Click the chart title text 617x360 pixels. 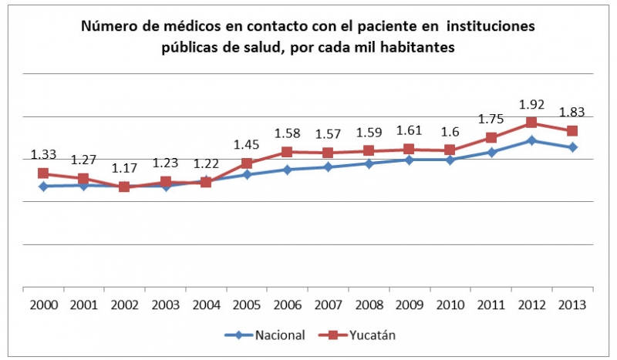[x=308, y=36]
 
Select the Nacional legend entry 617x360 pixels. [x=265, y=335]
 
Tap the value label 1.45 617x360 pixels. [x=247, y=145]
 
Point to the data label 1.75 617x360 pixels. [x=491, y=119]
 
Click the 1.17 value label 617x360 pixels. [x=125, y=169]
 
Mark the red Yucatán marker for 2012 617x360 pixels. [x=531, y=123]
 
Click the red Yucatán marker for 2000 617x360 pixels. [x=43, y=173]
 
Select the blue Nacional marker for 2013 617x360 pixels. [x=572, y=147]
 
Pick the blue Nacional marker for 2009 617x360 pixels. [x=410, y=160]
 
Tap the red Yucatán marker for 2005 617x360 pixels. [x=247, y=163]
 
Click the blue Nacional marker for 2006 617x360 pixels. [x=287, y=170]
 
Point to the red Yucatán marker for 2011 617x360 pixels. [x=491, y=138]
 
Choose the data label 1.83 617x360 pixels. [x=572, y=112]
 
